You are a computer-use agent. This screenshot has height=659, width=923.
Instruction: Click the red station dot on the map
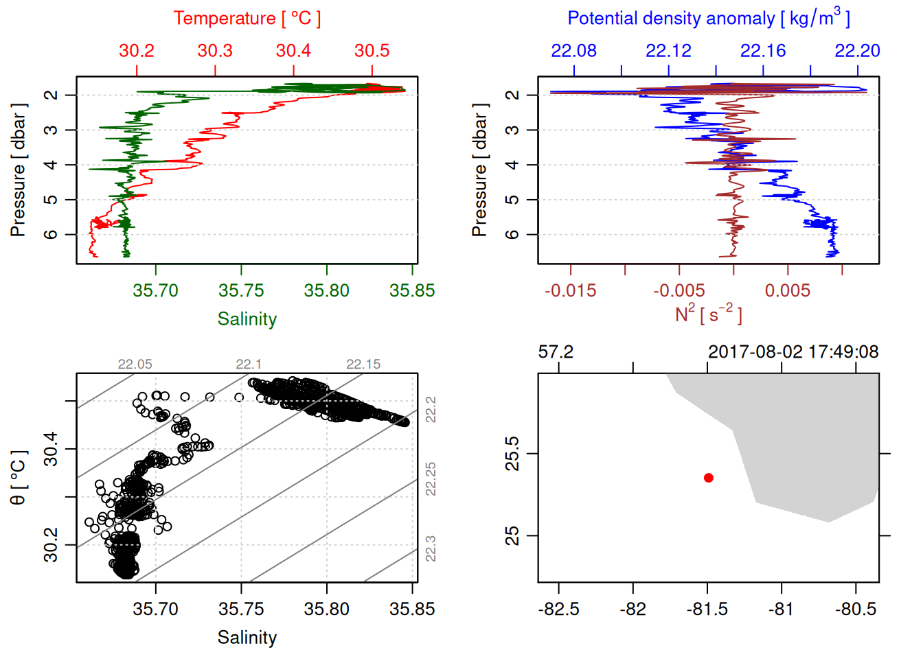click(708, 478)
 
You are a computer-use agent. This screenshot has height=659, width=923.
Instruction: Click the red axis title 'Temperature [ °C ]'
click(247, 19)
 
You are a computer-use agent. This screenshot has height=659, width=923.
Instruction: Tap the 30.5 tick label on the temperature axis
click(372, 51)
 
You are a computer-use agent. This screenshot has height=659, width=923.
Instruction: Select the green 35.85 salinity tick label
click(412, 290)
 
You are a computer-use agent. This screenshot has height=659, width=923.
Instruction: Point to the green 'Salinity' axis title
click(247, 319)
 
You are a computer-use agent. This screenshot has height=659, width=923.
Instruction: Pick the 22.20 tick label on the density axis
click(857, 51)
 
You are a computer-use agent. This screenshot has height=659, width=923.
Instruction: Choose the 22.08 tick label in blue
click(573, 51)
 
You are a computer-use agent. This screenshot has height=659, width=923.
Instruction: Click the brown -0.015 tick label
click(570, 290)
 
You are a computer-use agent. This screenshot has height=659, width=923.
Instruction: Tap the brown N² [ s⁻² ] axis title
click(708, 314)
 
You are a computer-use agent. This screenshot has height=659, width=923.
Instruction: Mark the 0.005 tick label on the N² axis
click(787, 290)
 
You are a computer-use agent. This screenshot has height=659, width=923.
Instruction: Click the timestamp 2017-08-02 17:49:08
click(793, 352)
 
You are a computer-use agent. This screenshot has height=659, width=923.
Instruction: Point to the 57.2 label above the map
click(556, 352)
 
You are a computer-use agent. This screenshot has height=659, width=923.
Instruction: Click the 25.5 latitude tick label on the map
click(512, 454)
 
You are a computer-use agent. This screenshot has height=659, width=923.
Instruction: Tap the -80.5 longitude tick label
click(856, 609)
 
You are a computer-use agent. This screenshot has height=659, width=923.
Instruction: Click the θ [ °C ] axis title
click(19, 478)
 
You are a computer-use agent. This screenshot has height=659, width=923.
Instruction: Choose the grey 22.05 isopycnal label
click(135, 365)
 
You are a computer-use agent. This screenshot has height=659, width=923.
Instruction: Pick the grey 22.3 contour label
click(431, 548)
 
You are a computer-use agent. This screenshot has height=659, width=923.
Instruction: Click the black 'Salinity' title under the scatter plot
click(247, 638)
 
